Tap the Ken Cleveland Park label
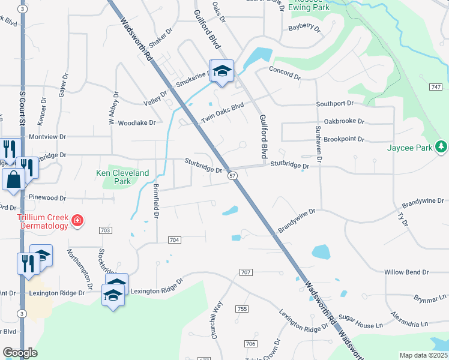[122, 177]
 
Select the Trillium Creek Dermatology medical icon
[77, 222]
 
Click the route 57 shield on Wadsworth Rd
[233, 175]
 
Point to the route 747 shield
[436, 88]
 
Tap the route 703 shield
[106, 230]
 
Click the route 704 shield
[175, 240]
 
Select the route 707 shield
[246, 272]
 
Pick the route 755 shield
[242, 309]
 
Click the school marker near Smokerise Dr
[221, 71]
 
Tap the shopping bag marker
[13, 178]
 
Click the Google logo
[20, 353]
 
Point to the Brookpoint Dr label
[344, 139]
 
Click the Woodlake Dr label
[136, 122]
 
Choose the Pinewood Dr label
[42, 197]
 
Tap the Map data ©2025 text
[423, 355]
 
